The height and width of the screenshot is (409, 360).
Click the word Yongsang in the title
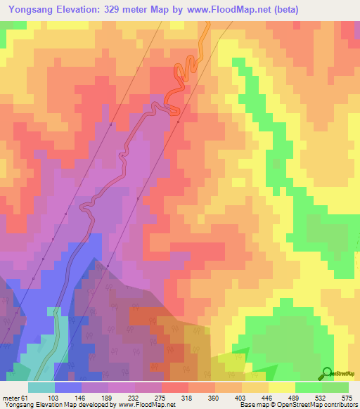pyautogui.click(x=30, y=10)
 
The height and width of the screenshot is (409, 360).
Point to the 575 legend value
pyautogui.click(x=347, y=397)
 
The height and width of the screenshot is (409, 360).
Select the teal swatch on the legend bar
pyautogui.click(x=41, y=387)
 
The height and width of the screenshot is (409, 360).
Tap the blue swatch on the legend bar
pyautogui.click(x=68, y=387)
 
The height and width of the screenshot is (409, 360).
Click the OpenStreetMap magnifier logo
pyautogui.click(x=327, y=373)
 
